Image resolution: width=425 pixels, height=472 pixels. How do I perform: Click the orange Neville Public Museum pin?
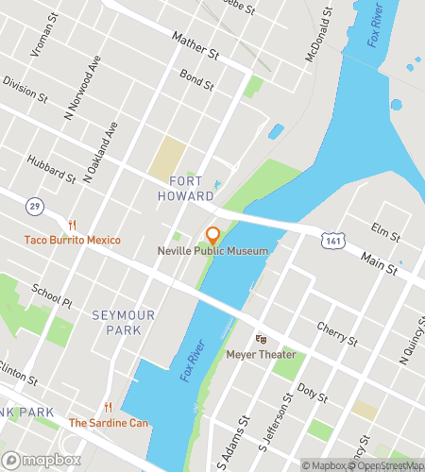tap(213, 235)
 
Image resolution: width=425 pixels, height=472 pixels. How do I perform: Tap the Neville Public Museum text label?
tap(212, 251)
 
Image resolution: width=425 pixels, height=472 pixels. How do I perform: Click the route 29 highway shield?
tap(35, 205)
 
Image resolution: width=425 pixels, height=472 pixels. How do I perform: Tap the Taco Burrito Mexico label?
tap(73, 240)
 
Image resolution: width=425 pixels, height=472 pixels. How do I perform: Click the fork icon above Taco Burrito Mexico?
tap(73, 225)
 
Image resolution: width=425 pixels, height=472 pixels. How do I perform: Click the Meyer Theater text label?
tap(262, 355)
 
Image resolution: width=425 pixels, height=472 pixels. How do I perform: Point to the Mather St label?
tap(195, 44)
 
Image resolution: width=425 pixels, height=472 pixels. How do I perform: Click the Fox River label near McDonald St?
tap(368, 25)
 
